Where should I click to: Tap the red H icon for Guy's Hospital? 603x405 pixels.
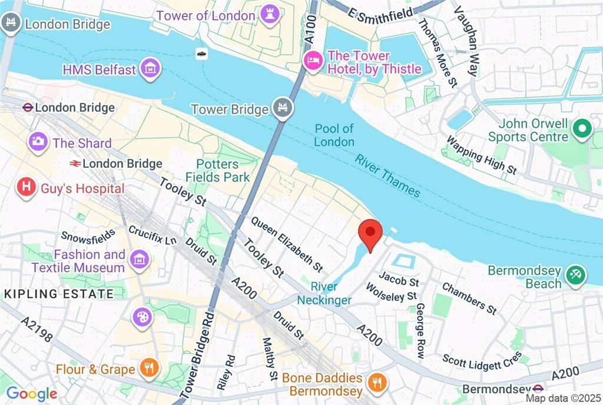[x=26, y=188]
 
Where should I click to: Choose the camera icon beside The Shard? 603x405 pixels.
[x=39, y=141]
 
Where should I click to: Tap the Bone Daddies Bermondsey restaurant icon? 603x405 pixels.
[x=375, y=383]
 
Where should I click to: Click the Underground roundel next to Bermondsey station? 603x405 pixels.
[x=538, y=389]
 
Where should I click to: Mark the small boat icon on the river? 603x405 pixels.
[x=202, y=54]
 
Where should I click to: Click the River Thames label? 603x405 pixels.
[x=387, y=175]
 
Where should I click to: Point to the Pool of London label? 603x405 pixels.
[x=334, y=135]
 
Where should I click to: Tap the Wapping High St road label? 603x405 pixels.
[x=481, y=155]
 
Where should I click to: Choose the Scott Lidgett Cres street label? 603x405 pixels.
[x=482, y=358]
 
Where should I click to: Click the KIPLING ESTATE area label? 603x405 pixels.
[x=59, y=293]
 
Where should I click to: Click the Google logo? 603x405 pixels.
[x=32, y=393]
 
